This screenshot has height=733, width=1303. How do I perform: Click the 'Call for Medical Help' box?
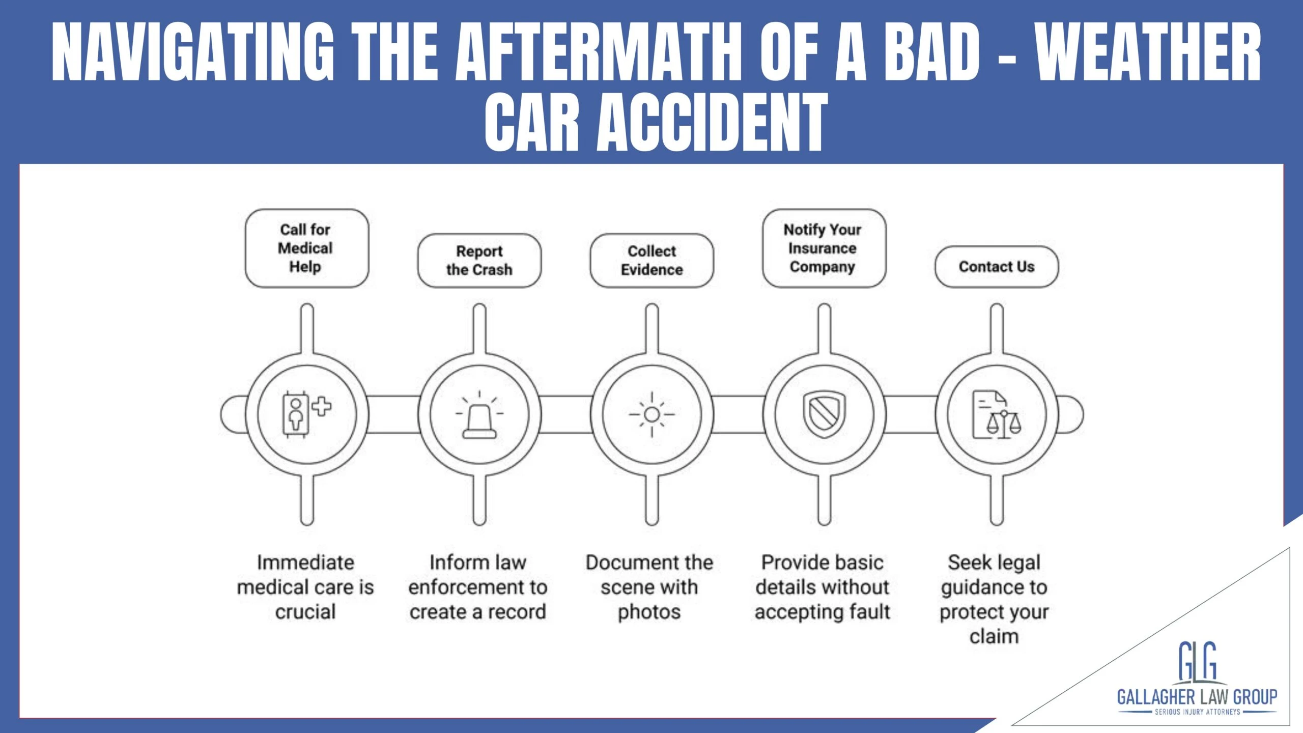point(306,248)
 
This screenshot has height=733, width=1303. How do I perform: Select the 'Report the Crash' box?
point(479,261)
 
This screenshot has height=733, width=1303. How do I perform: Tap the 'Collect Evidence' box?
point(651,261)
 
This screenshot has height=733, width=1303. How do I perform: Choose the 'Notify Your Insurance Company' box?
point(824,248)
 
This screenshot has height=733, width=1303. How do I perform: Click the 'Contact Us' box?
point(996,267)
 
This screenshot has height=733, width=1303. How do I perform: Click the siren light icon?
point(479,415)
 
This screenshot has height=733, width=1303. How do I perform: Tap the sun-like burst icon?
point(651,414)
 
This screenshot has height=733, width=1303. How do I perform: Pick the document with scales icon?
point(996,414)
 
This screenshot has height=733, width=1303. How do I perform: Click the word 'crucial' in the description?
point(305,612)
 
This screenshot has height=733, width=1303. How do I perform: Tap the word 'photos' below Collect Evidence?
point(649,612)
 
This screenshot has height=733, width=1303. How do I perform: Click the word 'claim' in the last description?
point(994,636)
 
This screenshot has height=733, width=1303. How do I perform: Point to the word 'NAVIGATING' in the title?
point(193,52)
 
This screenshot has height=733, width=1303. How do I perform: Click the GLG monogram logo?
point(1197,662)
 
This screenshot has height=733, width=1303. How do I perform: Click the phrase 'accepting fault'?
point(823,612)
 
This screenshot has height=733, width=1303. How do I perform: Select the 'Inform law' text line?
point(477,562)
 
